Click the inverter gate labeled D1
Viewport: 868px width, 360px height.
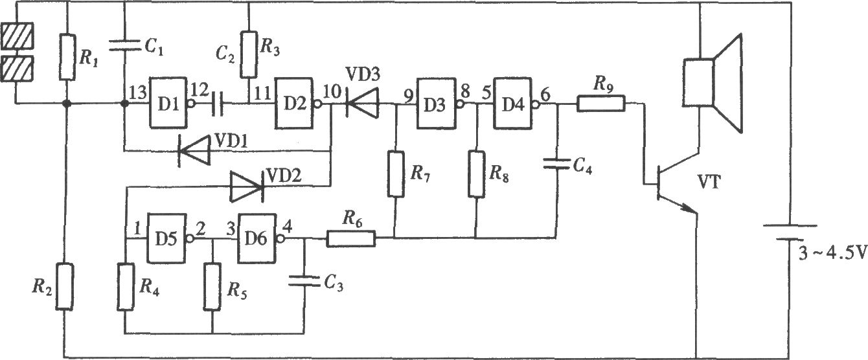pos(169,103)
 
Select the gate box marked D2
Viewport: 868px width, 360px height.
pos(295,103)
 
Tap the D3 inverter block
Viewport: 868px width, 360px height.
pos(437,104)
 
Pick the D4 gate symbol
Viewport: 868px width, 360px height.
pos(514,104)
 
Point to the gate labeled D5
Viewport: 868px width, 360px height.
pos(167,238)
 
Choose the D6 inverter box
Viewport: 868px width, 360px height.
pos(258,238)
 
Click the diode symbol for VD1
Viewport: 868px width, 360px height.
pos(194,151)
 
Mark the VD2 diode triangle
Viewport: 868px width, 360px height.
pos(247,187)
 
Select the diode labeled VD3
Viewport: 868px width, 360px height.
pos(361,103)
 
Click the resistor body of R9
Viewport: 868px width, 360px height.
pos(600,104)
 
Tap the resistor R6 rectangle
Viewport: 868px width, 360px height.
pos(351,238)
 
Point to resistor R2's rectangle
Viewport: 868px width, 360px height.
pos(65,287)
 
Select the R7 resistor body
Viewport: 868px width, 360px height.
pos(396,174)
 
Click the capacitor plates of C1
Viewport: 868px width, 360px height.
pos(124,45)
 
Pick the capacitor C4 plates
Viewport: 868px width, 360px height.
pos(557,164)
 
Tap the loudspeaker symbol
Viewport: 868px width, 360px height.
pos(713,84)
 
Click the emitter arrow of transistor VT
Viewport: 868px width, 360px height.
pos(687,208)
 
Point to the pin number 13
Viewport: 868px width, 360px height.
pos(137,93)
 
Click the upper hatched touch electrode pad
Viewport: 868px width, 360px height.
pos(17,35)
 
